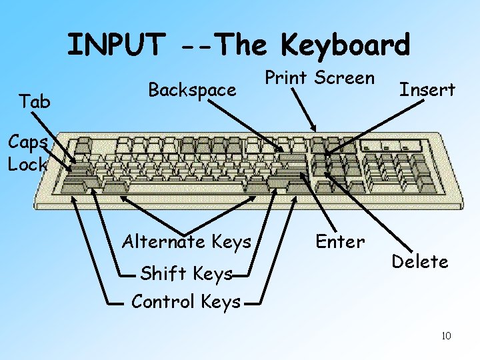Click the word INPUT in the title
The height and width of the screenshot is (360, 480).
(x=114, y=45)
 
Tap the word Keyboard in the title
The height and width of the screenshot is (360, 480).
(x=345, y=45)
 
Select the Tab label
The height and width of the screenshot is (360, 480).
(x=35, y=102)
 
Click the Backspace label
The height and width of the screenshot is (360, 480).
(x=192, y=89)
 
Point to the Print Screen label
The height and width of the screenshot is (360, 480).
(x=319, y=77)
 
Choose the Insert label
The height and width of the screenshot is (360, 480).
(x=427, y=89)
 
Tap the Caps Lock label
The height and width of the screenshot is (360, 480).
(x=27, y=153)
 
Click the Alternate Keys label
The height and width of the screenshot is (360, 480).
(x=187, y=241)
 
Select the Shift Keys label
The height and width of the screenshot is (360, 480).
(x=187, y=273)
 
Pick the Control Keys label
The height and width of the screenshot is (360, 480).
(x=186, y=302)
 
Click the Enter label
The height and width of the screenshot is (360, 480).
(x=340, y=241)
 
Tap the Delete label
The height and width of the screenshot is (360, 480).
(x=419, y=261)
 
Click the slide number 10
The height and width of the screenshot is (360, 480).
(x=446, y=335)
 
